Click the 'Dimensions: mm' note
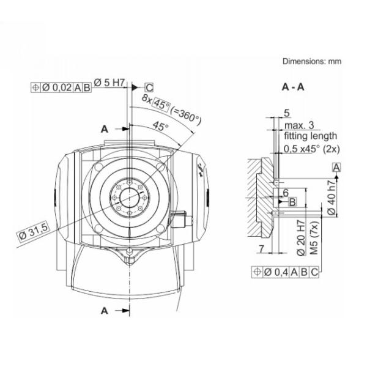tap(311, 61)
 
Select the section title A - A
tap(294, 87)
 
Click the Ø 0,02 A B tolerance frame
tap(61, 87)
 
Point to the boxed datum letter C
tap(149, 87)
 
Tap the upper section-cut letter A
tap(104, 128)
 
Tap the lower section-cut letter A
tap(104, 311)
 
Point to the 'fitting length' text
tap(309, 135)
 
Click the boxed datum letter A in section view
tap(337, 166)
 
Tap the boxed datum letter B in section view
tap(292, 201)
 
